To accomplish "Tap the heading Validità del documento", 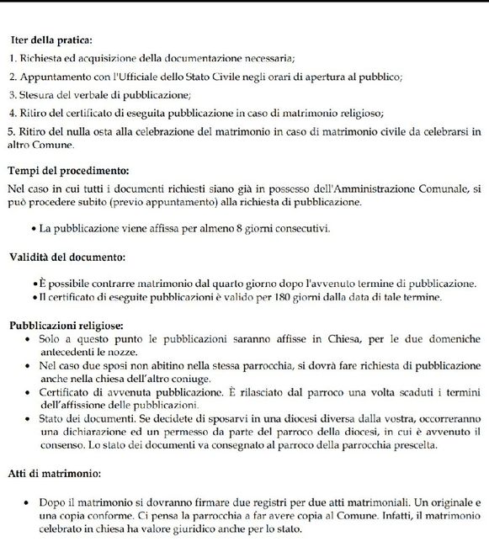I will [66, 256].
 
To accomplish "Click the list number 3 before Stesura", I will [12, 94].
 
